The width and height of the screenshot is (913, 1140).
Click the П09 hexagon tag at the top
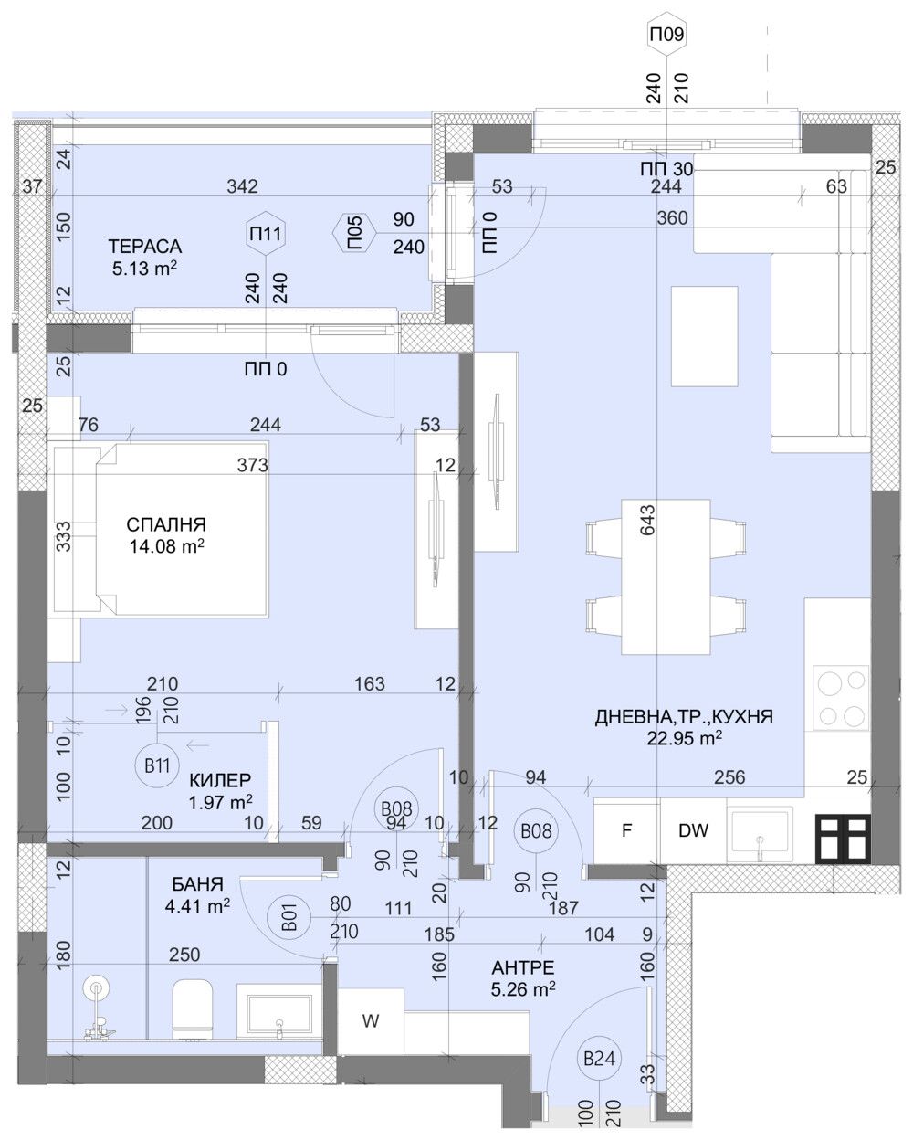click(666, 36)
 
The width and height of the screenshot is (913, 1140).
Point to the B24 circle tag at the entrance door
click(600, 1059)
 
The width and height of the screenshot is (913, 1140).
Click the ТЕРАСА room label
click(144, 247)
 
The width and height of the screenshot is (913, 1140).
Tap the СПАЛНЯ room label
click(166, 525)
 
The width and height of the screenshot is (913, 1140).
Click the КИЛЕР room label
click(220, 781)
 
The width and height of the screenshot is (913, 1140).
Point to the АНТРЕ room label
click(522, 967)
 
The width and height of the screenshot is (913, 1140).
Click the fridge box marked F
click(626, 831)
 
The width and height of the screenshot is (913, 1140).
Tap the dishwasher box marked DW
click(693, 831)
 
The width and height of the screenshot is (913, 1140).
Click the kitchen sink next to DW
click(760, 834)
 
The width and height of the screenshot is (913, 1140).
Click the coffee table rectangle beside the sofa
click(704, 336)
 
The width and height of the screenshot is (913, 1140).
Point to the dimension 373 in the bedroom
click(253, 465)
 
